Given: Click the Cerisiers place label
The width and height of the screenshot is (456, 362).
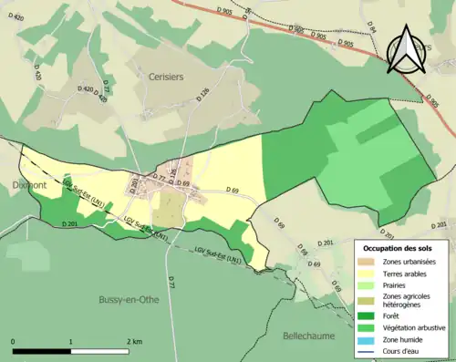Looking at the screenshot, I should click(165, 78).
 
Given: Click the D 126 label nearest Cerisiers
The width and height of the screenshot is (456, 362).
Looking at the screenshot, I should click(203, 95).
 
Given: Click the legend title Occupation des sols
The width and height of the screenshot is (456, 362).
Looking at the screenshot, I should click(403, 248).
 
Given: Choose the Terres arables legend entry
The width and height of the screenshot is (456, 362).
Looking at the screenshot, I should click(406, 273).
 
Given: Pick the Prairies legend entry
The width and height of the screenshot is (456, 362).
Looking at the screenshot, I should click(397, 284).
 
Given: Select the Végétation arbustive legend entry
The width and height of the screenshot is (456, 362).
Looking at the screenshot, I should click(415, 327).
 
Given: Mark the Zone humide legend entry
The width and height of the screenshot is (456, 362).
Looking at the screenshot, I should click(405, 338).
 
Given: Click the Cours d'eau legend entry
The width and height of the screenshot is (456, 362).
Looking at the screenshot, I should click(404, 350).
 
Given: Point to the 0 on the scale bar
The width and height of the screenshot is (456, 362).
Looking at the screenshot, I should click(14, 342).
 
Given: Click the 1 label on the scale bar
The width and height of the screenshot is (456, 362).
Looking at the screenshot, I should click(71, 342).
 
